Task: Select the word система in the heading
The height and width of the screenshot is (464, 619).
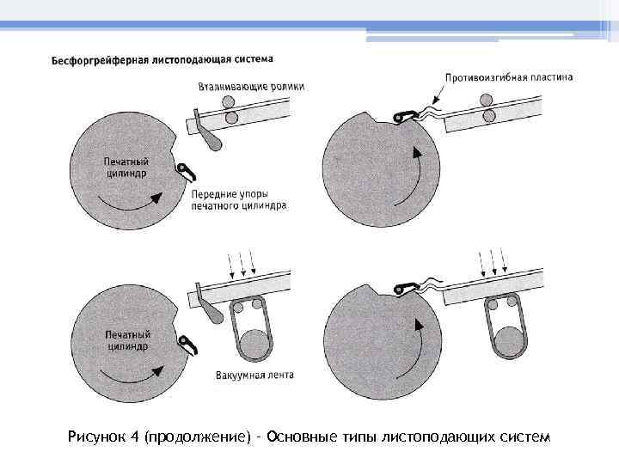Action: [x=250, y=60]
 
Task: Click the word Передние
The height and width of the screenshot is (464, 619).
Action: [x=215, y=194]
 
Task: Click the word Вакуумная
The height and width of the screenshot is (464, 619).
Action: [x=236, y=375]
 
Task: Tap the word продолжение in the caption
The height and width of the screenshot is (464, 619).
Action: [x=199, y=438]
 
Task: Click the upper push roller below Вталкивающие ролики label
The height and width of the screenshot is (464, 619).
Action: [x=230, y=101]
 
